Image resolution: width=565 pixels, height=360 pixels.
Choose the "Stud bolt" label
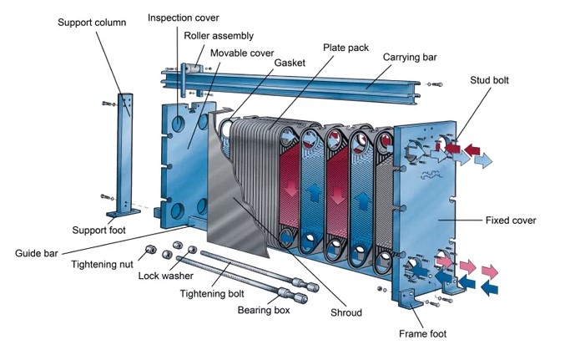coord(491,80)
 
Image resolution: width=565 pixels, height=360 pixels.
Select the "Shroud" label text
coord(346,312)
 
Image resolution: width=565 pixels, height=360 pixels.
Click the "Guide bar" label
coord(37,251)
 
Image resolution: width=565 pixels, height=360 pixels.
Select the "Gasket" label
coord(289,63)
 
